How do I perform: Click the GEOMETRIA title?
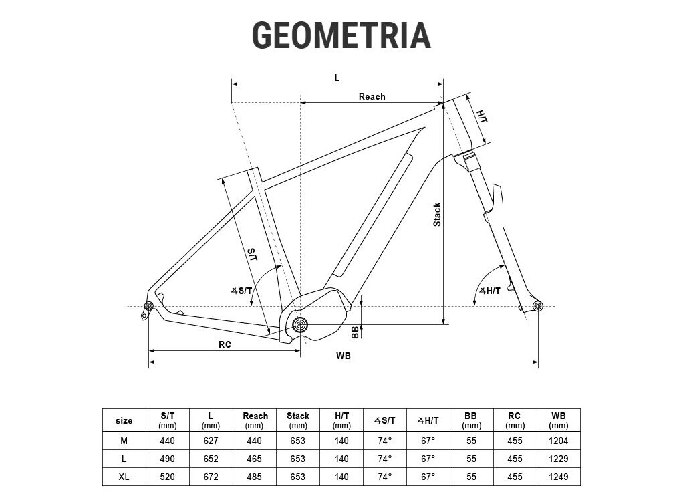pyautogui.click(x=341, y=35)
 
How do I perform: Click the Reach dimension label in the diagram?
pyautogui.click(x=372, y=96)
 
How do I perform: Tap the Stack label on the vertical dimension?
pyautogui.click(x=437, y=215)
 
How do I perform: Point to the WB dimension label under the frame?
pyautogui.click(x=344, y=356)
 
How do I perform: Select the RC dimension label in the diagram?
pyautogui.click(x=225, y=344)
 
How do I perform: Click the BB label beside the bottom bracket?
pyautogui.click(x=355, y=332)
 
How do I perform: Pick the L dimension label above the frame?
pyautogui.click(x=337, y=78)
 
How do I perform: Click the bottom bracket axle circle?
pyautogui.click(x=300, y=324)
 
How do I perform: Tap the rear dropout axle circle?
pyautogui.click(x=149, y=306)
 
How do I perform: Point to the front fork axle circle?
pyautogui.click(x=538, y=306)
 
